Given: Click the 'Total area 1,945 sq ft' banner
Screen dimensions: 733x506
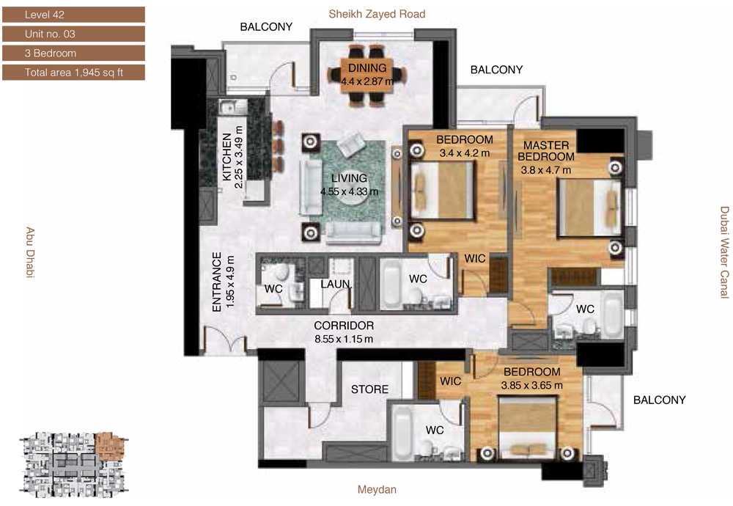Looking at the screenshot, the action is click(x=73, y=73).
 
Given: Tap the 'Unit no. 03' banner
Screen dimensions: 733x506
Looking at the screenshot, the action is click(x=73, y=34).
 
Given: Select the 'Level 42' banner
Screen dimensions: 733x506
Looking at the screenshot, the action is click(x=73, y=15).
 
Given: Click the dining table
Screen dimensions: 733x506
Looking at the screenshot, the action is click(x=367, y=74).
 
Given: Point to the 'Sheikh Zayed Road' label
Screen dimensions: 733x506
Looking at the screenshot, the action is click(x=377, y=14).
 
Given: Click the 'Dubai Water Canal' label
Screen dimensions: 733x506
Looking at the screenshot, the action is click(x=724, y=252).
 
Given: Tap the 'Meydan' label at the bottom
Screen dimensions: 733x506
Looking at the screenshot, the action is click(x=377, y=490).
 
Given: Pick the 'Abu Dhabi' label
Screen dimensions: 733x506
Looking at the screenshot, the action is click(x=30, y=252).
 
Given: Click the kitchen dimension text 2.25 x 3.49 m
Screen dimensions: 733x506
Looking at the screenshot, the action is click(x=239, y=157).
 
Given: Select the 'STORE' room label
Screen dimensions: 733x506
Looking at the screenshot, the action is click(x=369, y=389).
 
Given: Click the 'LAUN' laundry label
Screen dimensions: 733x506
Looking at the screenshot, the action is click(x=336, y=284).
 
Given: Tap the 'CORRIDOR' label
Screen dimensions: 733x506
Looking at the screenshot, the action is click(x=344, y=326).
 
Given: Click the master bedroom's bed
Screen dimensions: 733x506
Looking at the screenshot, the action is click(x=590, y=208).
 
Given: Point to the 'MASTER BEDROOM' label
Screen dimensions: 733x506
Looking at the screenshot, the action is click(x=546, y=151).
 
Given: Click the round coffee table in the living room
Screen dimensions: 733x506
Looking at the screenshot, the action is click(x=350, y=196).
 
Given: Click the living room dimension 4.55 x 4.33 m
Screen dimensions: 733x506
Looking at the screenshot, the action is click(x=349, y=191).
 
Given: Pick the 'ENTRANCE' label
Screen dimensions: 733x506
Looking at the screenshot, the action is click(x=216, y=282).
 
